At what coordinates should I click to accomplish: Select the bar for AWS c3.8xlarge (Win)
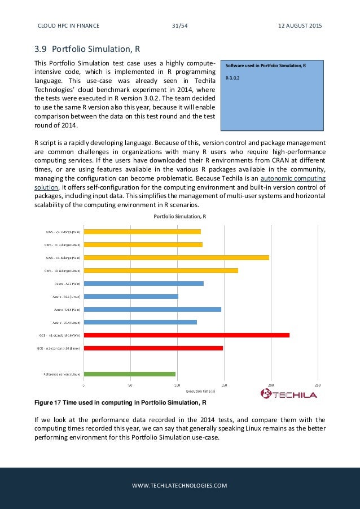tap(176, 257)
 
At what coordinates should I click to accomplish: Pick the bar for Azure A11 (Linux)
tap(131, 296)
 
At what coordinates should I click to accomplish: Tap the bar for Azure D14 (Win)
tap(152, 309)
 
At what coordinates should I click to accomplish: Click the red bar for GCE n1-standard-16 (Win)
tap(186, 335)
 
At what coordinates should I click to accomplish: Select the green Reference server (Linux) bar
tap(129, 374)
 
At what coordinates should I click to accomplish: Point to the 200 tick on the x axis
tap(271, 386)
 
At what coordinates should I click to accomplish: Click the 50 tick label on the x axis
tap(131, 386)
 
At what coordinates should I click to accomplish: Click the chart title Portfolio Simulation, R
tap(180, 216)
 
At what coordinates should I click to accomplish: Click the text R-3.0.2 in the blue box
tap(232, 77)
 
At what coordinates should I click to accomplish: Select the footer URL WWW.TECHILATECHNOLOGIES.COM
tap(179, 485)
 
